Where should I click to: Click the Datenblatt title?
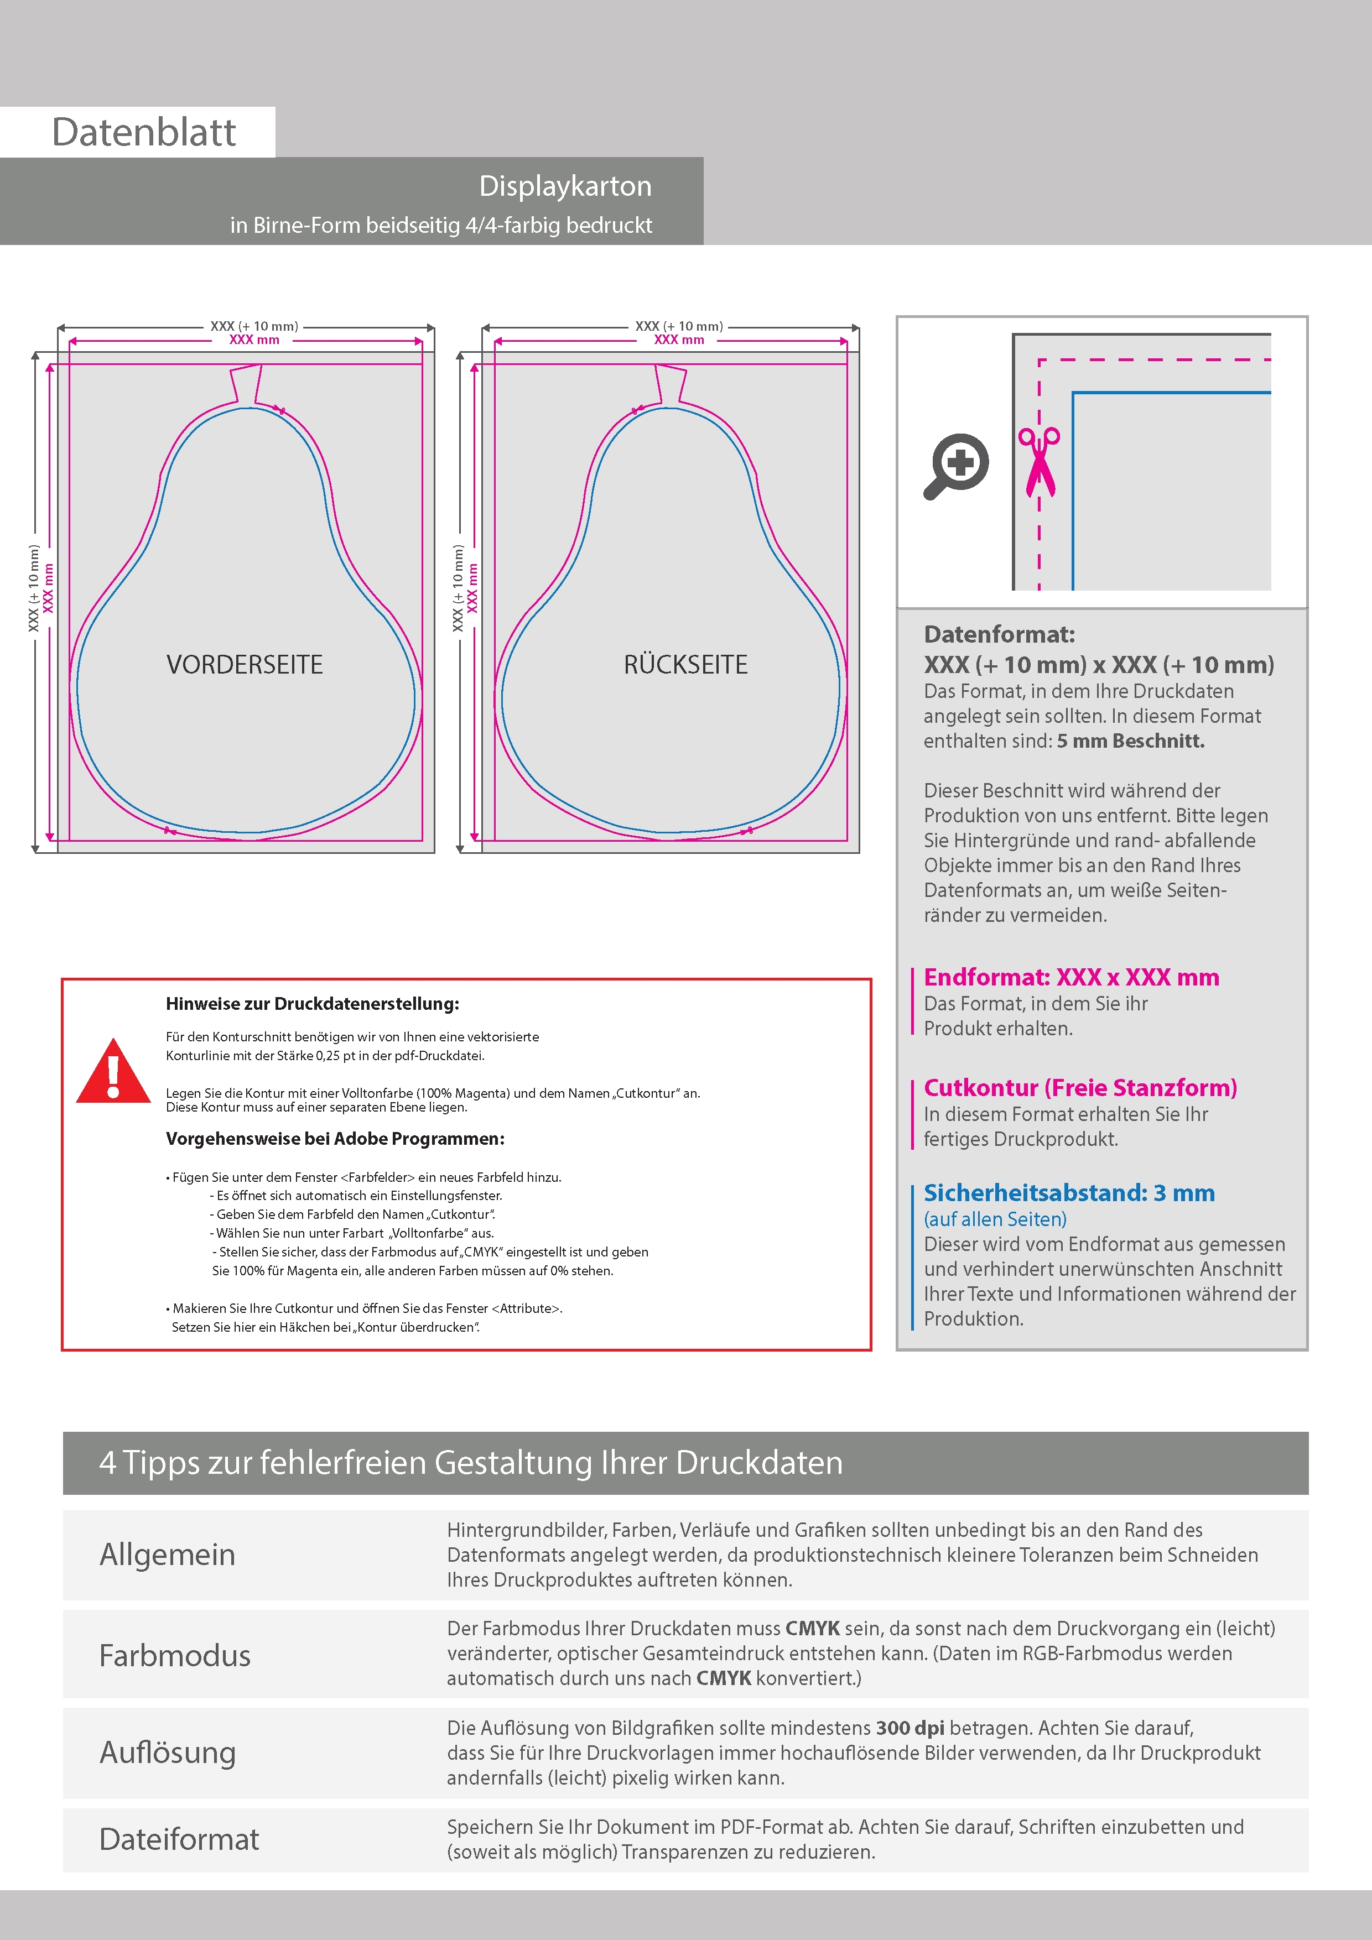[144, 133]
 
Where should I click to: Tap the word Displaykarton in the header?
[565, 186]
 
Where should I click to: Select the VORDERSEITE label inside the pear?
[245, 665]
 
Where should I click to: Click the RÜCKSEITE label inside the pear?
[685, 665]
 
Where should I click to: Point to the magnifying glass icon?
[956, 466]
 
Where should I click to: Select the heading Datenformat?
[999, 634]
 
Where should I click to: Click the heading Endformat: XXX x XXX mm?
[1071, 978]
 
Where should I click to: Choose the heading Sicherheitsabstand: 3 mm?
[1068, 1193]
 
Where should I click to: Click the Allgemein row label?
[168, 1555]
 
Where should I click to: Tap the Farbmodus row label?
[175, 1655]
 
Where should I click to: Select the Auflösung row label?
[168, 1753]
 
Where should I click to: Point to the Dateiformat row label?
[179, 1839]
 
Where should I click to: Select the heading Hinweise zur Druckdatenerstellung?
[312, 1004]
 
